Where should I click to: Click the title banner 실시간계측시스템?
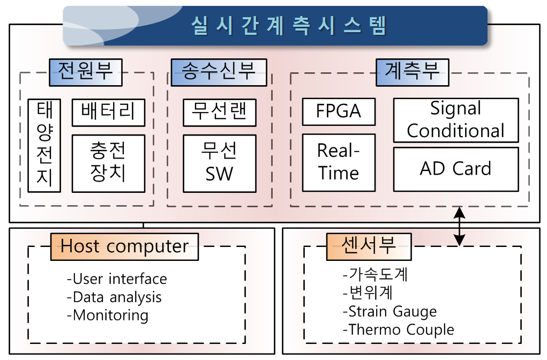point(275,26)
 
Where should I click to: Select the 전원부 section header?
point(86,72)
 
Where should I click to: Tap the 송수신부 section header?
point(219,72)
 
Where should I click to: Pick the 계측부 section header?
point(413,72)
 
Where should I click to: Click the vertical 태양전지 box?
point(44,146)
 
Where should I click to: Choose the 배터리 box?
point(109,112)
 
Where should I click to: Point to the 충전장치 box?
point(109,163)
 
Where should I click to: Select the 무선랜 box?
point(220,112)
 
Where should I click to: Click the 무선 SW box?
point(220,163)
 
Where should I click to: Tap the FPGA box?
point(339,111)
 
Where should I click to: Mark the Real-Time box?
point(339,162)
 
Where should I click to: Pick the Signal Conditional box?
point(456,121)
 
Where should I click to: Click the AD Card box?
point(456,169)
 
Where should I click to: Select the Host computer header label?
point(124,246)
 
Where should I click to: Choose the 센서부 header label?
point(369,246)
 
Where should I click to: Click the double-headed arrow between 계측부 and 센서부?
point(459,227)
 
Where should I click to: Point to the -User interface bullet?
point(117,279)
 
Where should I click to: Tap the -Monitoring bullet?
point(108,316)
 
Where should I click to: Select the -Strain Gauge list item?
point(389,311)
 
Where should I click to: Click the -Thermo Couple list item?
point(399,329)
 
